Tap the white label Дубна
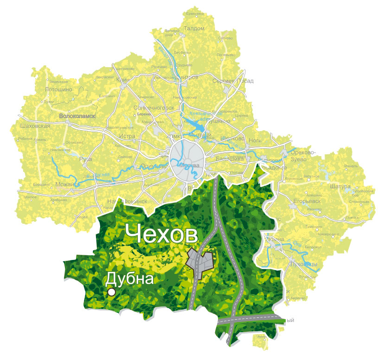(129, 279)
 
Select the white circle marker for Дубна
(111, 292)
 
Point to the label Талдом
(194, 28)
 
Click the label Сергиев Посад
(233, 81)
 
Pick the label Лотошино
(59, 89)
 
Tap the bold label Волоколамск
(77, 116)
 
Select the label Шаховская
(35, 126)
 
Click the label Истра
(127, 137)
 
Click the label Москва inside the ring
(189, 165)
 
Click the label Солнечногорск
(154, 107)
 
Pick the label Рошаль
(351, 166)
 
